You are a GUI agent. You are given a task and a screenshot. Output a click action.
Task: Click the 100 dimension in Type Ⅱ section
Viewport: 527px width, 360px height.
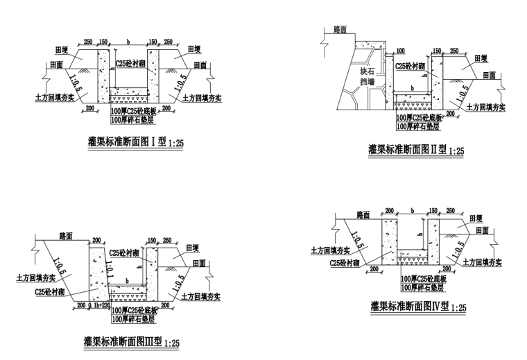(x=400, y=51)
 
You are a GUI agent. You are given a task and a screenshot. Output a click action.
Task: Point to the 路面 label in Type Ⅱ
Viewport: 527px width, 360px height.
(x=340, y=30)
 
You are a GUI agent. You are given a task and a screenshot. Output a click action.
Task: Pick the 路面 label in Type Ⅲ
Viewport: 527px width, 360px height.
(x=66, y=235)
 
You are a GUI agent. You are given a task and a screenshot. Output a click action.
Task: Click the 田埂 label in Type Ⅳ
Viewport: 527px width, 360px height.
(x=476, y=217)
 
